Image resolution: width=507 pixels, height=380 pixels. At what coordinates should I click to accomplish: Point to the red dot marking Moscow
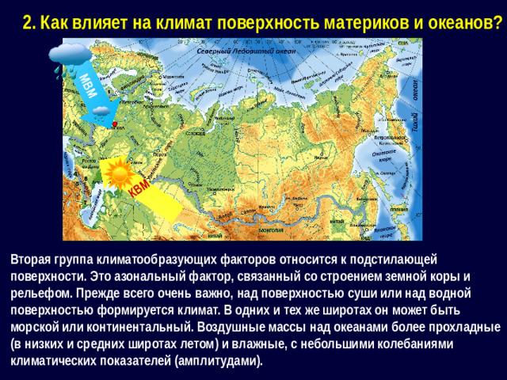point(115,125)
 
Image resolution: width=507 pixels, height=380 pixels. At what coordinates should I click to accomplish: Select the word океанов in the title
point(462,22)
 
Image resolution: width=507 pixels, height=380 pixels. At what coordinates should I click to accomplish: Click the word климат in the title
point(193,22)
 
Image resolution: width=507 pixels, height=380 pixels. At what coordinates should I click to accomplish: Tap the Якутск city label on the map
point(318,157)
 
